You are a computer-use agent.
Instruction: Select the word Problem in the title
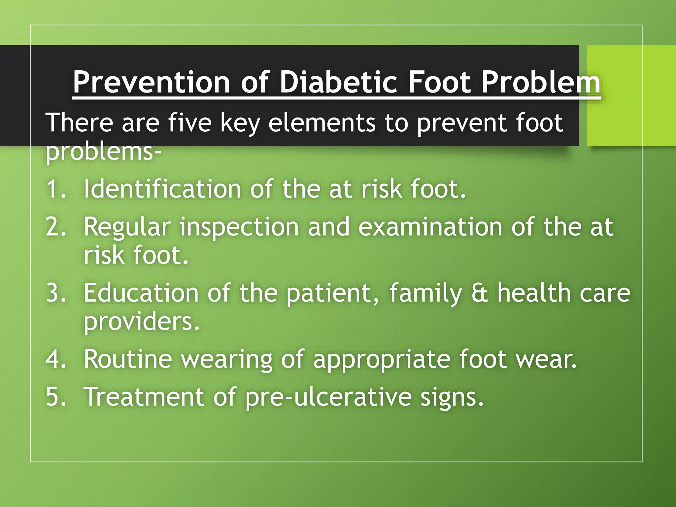tap(540, 83)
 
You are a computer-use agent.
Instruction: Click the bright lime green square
tap(631, 95)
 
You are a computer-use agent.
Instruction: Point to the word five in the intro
tap(189, 122)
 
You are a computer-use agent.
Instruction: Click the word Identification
tap(162, 189)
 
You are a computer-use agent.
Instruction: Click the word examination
tap(430, 227)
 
